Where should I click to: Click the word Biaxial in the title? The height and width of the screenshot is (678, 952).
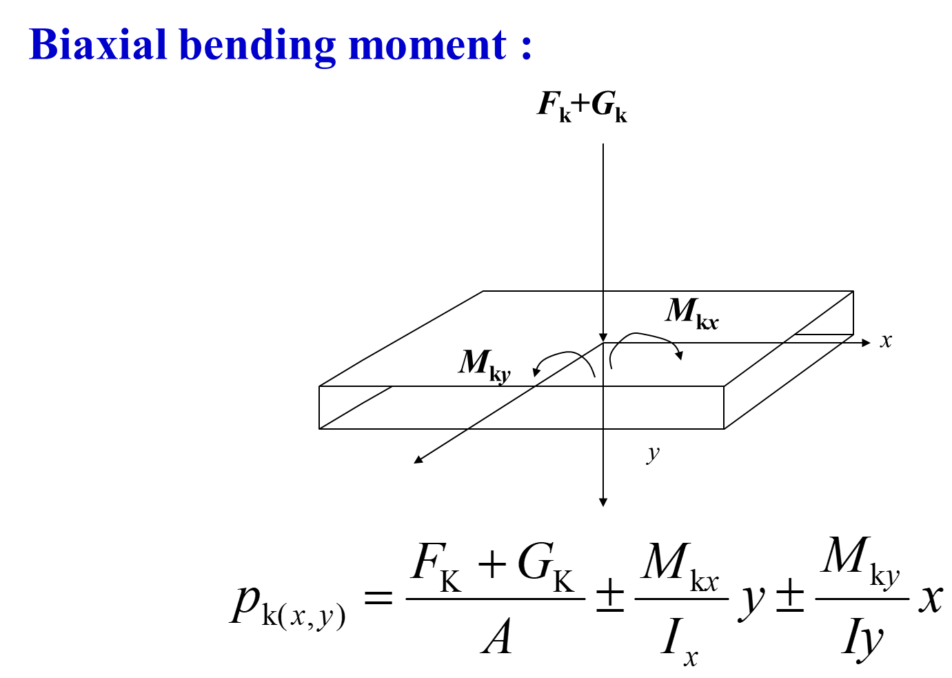click(x=99, y=46)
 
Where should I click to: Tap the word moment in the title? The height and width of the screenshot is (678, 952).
click(x=428, y=46)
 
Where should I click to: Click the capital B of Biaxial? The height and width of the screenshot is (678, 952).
click(x=43, y=46)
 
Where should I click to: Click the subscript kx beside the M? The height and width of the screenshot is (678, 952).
click(x=707, y=321)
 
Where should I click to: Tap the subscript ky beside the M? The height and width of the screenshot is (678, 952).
click(x=500, y=375)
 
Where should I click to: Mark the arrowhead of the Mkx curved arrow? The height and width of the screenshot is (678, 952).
click(x=680, y=356)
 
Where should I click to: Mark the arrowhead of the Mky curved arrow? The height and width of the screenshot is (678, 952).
click(x=536, y=372)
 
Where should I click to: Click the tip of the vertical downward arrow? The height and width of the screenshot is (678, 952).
click(x=603, y=339)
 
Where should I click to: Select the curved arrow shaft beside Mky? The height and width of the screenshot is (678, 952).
click(x=572, y=355)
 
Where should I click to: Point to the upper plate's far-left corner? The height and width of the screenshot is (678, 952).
click(x=484, y=292)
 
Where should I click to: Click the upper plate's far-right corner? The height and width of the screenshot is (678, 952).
click(x=851, y=292)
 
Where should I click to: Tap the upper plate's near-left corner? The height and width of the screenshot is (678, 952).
click(x=323, y=386)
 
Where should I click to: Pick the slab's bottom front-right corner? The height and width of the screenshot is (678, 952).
click(x=723, y=428)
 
